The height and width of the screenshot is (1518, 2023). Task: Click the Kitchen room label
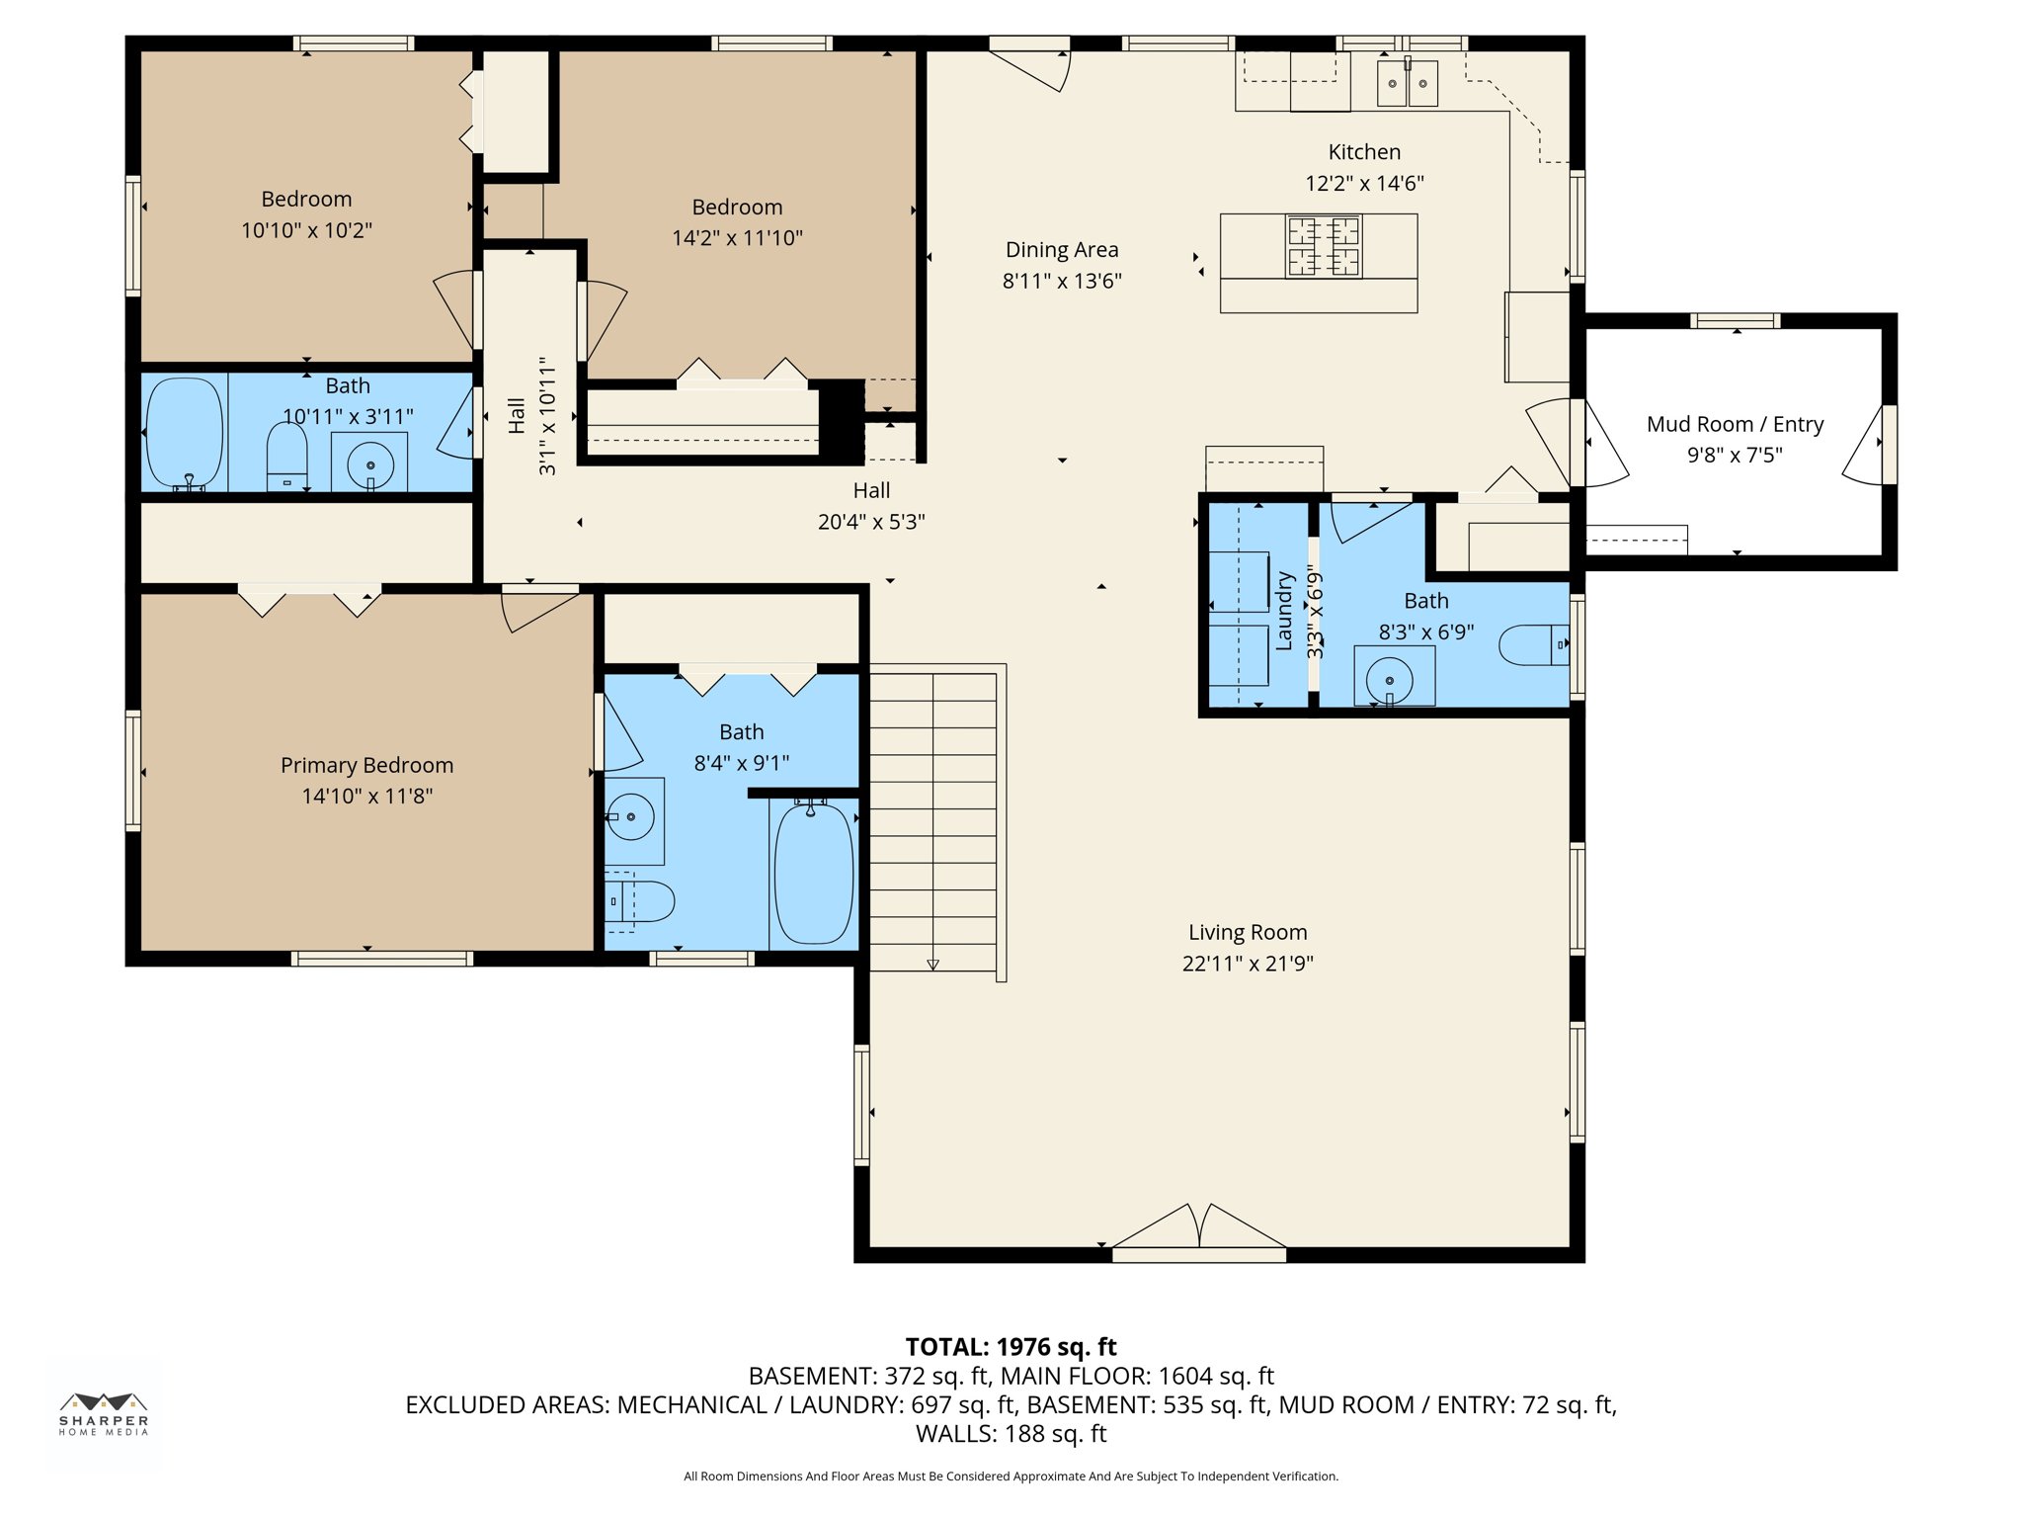[x=1363, y=152]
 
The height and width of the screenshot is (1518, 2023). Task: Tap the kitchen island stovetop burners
[x=1323, y=247]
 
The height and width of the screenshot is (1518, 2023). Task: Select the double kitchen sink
[x=1407, y=83]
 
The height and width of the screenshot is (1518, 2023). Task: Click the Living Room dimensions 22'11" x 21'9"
[x=1247, y=964]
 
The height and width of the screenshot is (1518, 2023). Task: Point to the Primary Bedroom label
[x=366, y=765]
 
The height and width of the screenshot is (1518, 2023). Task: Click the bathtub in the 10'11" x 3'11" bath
[x=185, y=432]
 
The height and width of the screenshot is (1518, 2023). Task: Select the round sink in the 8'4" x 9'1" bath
[x=630, y=817]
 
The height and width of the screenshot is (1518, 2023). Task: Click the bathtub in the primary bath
[x=813, y=874]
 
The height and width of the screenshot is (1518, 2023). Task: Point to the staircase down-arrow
[x=932, y=964]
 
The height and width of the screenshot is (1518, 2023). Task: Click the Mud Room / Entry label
[x=1735, y=424]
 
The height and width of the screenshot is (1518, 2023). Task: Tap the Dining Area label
[x=1061, y=250]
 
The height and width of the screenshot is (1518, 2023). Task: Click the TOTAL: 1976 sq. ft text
[x=1011, y=1347]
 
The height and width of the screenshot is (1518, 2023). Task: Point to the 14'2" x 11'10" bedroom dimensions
[x=737, y=238]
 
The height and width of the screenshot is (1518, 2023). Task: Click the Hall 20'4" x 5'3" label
[x=871, y=505]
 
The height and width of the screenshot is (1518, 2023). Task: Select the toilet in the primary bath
[x=640, y=901]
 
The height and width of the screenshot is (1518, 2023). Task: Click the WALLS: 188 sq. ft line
[x=1011, y=1434]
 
